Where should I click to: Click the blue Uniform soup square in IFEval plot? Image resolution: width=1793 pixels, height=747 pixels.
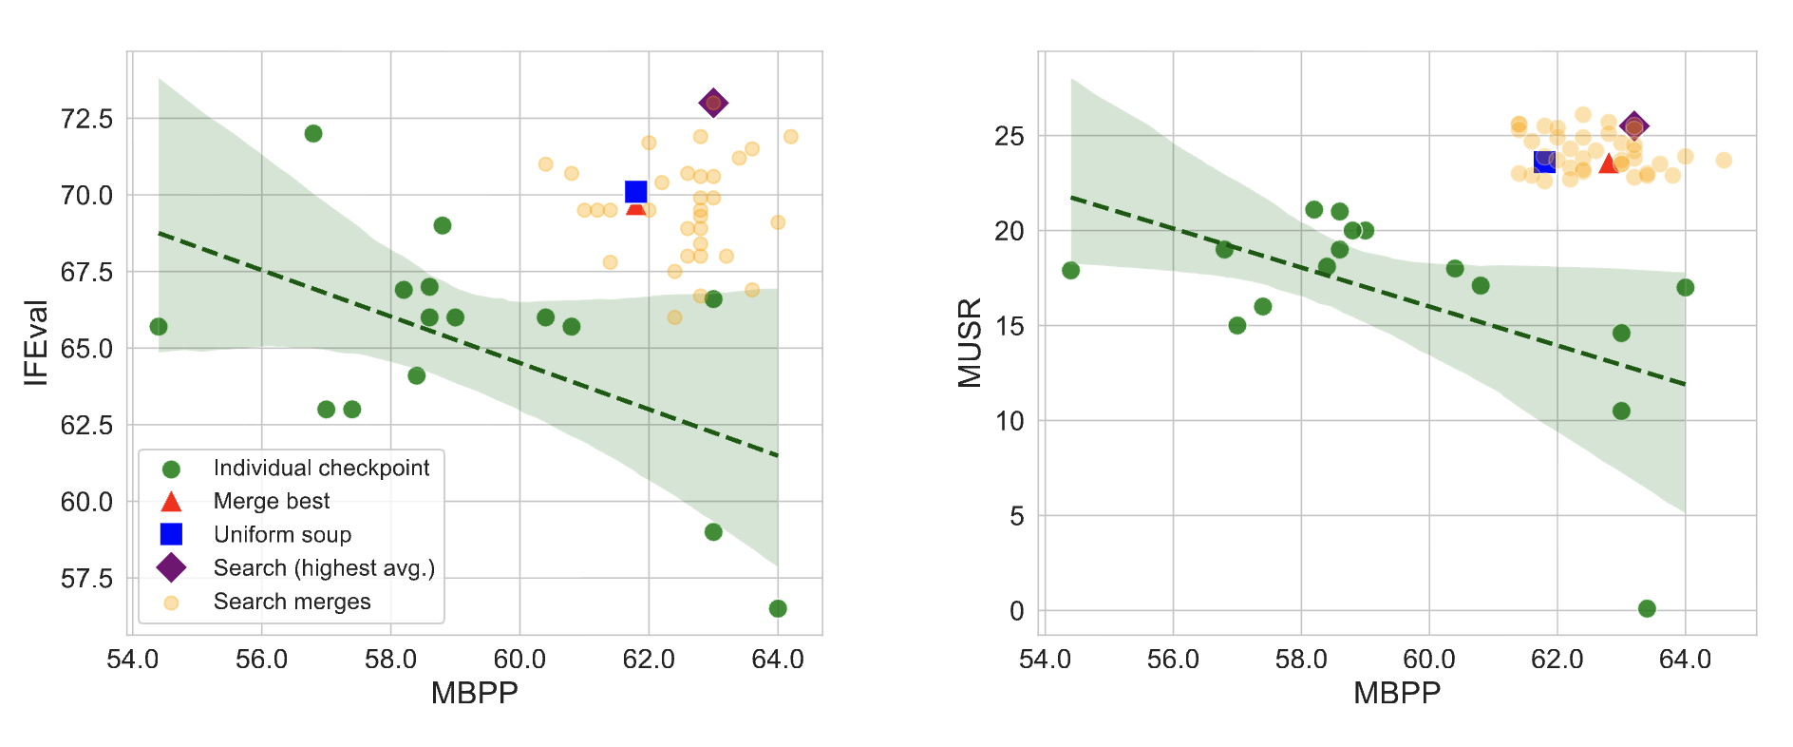pyautogui.click(x=636, y=192)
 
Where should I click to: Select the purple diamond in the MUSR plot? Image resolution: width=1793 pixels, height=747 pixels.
pyautogui.click(x=1633, y=126)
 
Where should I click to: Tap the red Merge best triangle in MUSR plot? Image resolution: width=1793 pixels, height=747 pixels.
pyautogui.click(x=1608, y=163)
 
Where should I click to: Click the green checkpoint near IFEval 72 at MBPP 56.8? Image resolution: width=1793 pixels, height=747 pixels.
pyautogui.click(x=313, y=133)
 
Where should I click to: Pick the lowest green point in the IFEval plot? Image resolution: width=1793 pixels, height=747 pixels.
pyautogui.click(x=778, y=608)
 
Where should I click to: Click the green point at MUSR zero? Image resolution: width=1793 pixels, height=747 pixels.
pyautogui.click(x=1647, y=608)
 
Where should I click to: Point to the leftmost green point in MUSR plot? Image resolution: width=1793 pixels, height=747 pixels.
pyautogui.click(x=1070, y=271)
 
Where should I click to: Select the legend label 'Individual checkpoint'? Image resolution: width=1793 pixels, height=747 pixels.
pyautogui.click(x=321, y=468)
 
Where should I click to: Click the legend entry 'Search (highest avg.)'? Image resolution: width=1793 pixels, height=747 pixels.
pyautogui.click(x=324, y=567)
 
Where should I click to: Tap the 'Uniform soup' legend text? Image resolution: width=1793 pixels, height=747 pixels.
pyautogui.click(x=282, y=534)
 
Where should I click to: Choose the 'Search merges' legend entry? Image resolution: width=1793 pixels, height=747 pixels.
pyautogui.click(x=292, y=602)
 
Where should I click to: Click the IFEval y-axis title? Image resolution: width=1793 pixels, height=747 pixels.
pyautogui.click(x=36, y=342)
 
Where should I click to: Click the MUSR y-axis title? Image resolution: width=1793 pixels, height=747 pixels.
pyautogui.click(x=970, y=342)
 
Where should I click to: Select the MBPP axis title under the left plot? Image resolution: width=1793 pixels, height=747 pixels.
pyautogui.click(x=474, y=693)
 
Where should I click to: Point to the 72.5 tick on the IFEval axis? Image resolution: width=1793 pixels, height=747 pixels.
pyautogui.click(x=86, y=119)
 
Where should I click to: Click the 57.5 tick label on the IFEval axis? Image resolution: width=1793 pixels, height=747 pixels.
pyautogui.click(x=86, y=578)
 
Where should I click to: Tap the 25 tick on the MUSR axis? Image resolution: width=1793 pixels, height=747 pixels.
pyautogui.click(x=1010, y=136)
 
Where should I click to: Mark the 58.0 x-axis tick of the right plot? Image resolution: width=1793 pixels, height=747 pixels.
pyautogui.click(x=1300, y=659)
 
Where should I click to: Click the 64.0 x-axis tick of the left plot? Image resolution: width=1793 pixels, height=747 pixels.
pyautogui.click(x=777, y=659)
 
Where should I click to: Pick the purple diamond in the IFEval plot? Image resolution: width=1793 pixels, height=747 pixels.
pyautogui.click(x=713, y=103)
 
